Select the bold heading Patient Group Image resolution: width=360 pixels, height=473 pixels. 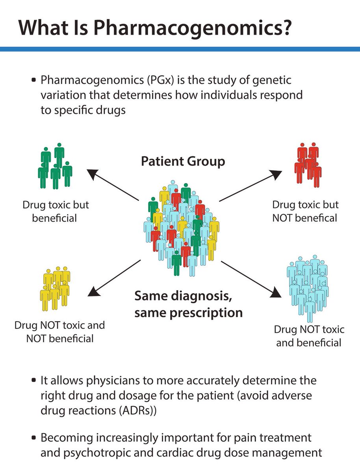click(x=183, y=162)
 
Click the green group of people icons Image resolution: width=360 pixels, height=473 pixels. click(x=55, y=166)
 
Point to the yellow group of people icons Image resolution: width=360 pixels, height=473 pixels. click(x=55, y=288)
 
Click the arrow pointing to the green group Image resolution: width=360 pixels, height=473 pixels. click(x=112, y=185)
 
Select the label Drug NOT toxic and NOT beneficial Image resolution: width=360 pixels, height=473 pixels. click(x=60, y=331)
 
